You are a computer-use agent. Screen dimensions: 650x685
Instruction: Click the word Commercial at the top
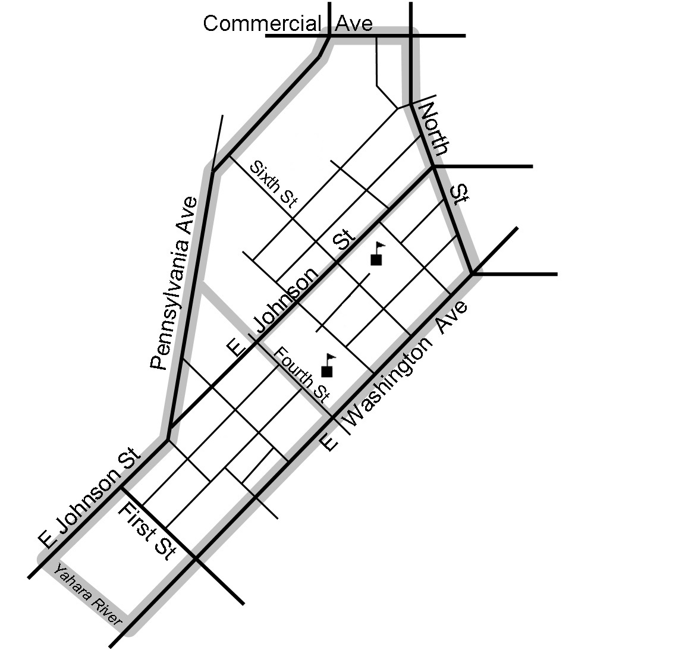(x=262, y=24)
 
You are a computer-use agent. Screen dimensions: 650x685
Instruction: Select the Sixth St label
(x=273, y=183)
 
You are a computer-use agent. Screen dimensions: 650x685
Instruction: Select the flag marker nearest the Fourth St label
(x=326, y=366)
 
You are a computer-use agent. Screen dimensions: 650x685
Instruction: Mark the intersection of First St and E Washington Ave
(x=196, y=558)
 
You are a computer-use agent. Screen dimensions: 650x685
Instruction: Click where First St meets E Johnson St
(x=122, y=489)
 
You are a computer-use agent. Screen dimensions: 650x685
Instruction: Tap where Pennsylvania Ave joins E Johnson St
(x=168, y=439)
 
